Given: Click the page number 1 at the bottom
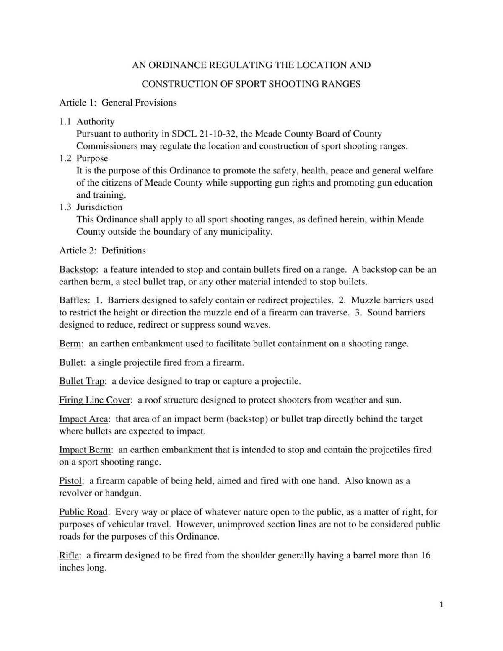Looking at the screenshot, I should (441, 604).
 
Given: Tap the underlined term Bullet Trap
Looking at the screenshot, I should (82, 381).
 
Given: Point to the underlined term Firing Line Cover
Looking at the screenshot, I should (95, 400).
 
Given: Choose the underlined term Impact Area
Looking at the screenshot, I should (83, 419).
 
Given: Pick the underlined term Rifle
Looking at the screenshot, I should (69, 555).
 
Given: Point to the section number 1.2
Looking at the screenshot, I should (65, 158).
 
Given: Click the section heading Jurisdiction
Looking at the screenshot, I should (99, 207).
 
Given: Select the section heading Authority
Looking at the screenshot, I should (95, 121).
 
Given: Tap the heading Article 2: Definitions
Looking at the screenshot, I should (103, 251).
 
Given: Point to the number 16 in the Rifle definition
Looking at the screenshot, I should (425, 555).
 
